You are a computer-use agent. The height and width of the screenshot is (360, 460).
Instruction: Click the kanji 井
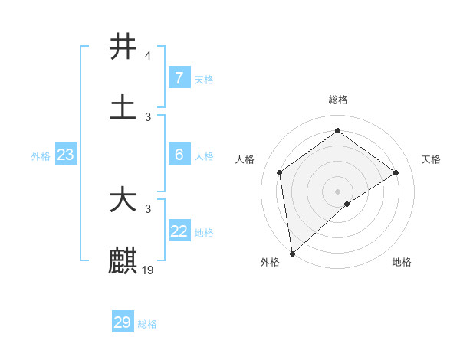click(123, 47)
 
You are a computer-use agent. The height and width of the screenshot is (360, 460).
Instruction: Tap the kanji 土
click(123, 108)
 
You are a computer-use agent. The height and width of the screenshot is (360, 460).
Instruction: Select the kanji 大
click(123, 201)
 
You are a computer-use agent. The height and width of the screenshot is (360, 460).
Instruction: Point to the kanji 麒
click(123, 260)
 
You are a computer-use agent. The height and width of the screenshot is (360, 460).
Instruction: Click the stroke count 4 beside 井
click(147, 56)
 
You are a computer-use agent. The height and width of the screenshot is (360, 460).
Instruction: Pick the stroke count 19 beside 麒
click(149, 270)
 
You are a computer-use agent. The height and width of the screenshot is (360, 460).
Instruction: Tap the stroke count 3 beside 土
click(147, 117)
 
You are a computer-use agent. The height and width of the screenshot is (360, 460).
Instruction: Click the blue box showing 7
click(179, 77)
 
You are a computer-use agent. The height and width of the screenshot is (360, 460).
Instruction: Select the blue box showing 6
click(179, 155)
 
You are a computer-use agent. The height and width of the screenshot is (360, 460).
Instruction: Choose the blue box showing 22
click(179, 231)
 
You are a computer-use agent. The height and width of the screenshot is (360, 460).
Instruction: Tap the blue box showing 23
click(66, 155)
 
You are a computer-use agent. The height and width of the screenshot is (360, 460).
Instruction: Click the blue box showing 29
click(123, 322)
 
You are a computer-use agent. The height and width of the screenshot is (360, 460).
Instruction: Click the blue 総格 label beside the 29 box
click(147, 324)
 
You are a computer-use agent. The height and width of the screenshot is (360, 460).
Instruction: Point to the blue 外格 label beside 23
click(41, 156)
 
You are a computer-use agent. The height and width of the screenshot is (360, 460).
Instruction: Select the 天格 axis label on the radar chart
click(431, 159)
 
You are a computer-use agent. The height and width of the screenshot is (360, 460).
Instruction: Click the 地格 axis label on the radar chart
click(402, 262)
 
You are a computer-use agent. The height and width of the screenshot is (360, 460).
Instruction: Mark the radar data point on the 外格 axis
click(291, 253)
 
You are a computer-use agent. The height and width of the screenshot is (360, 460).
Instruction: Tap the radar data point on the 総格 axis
click(337, 131)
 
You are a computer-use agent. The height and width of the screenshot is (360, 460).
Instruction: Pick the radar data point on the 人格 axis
click(280, 172)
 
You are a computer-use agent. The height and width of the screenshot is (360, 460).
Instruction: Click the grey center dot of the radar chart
click(337, 190)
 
